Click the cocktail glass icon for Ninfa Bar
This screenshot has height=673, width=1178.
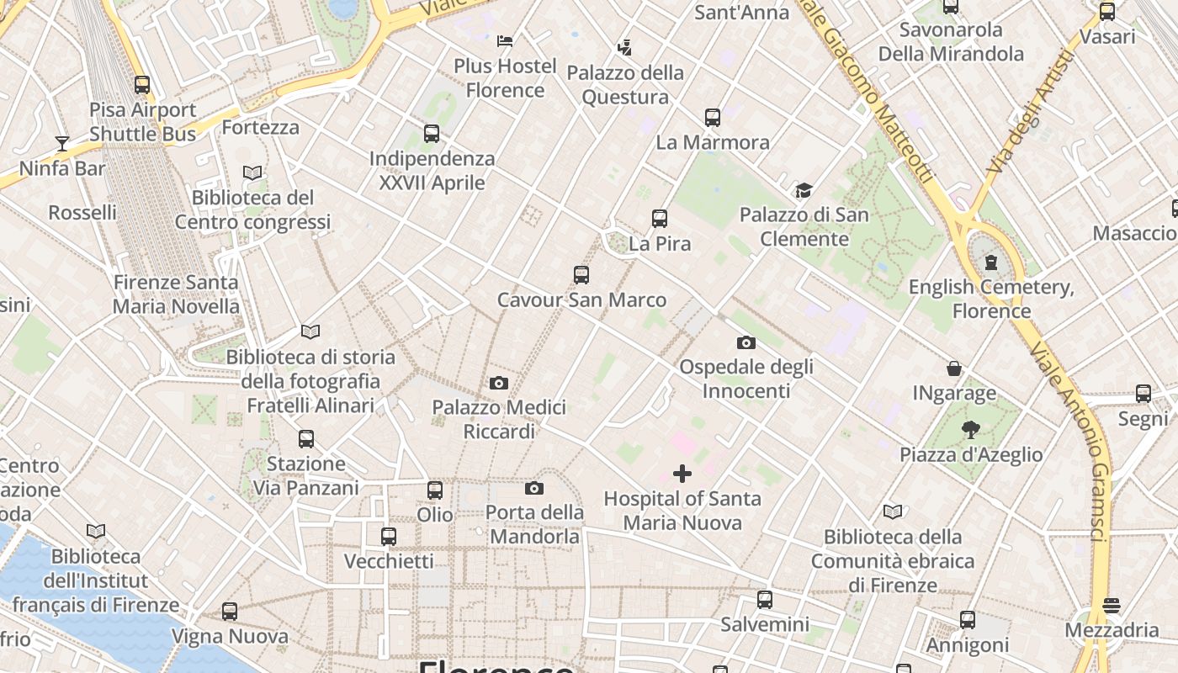tap(61, 143)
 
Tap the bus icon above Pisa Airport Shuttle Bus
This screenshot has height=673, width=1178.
tap(142, 85)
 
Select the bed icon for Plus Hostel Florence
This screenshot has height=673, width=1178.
tap(505, 40)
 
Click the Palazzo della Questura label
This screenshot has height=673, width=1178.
tap(625, 85)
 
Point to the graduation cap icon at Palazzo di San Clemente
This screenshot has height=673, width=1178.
tap(804, 190)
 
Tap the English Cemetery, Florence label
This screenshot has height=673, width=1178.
tap(991, 299)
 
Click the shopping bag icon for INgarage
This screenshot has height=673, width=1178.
tap(954, 368)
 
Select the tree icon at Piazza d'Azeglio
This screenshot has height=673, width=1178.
tap(971, 430)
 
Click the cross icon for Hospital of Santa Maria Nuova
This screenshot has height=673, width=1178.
tap(682, 474)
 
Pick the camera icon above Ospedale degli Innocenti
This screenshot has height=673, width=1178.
tap(746, 342)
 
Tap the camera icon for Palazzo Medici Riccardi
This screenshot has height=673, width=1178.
tap(499, 384)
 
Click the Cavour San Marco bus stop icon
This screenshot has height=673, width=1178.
tap(581, 275)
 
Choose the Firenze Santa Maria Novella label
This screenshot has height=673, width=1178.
tap(176, 294)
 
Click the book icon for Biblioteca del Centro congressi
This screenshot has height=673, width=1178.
tap(252, 173)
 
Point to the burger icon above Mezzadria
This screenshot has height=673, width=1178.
tap(1112, 606)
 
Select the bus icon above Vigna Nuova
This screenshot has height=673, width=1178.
tap(230, 612)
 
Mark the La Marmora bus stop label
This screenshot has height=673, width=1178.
tap(713, 142)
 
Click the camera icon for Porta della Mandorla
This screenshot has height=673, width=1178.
tap(534, 489)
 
